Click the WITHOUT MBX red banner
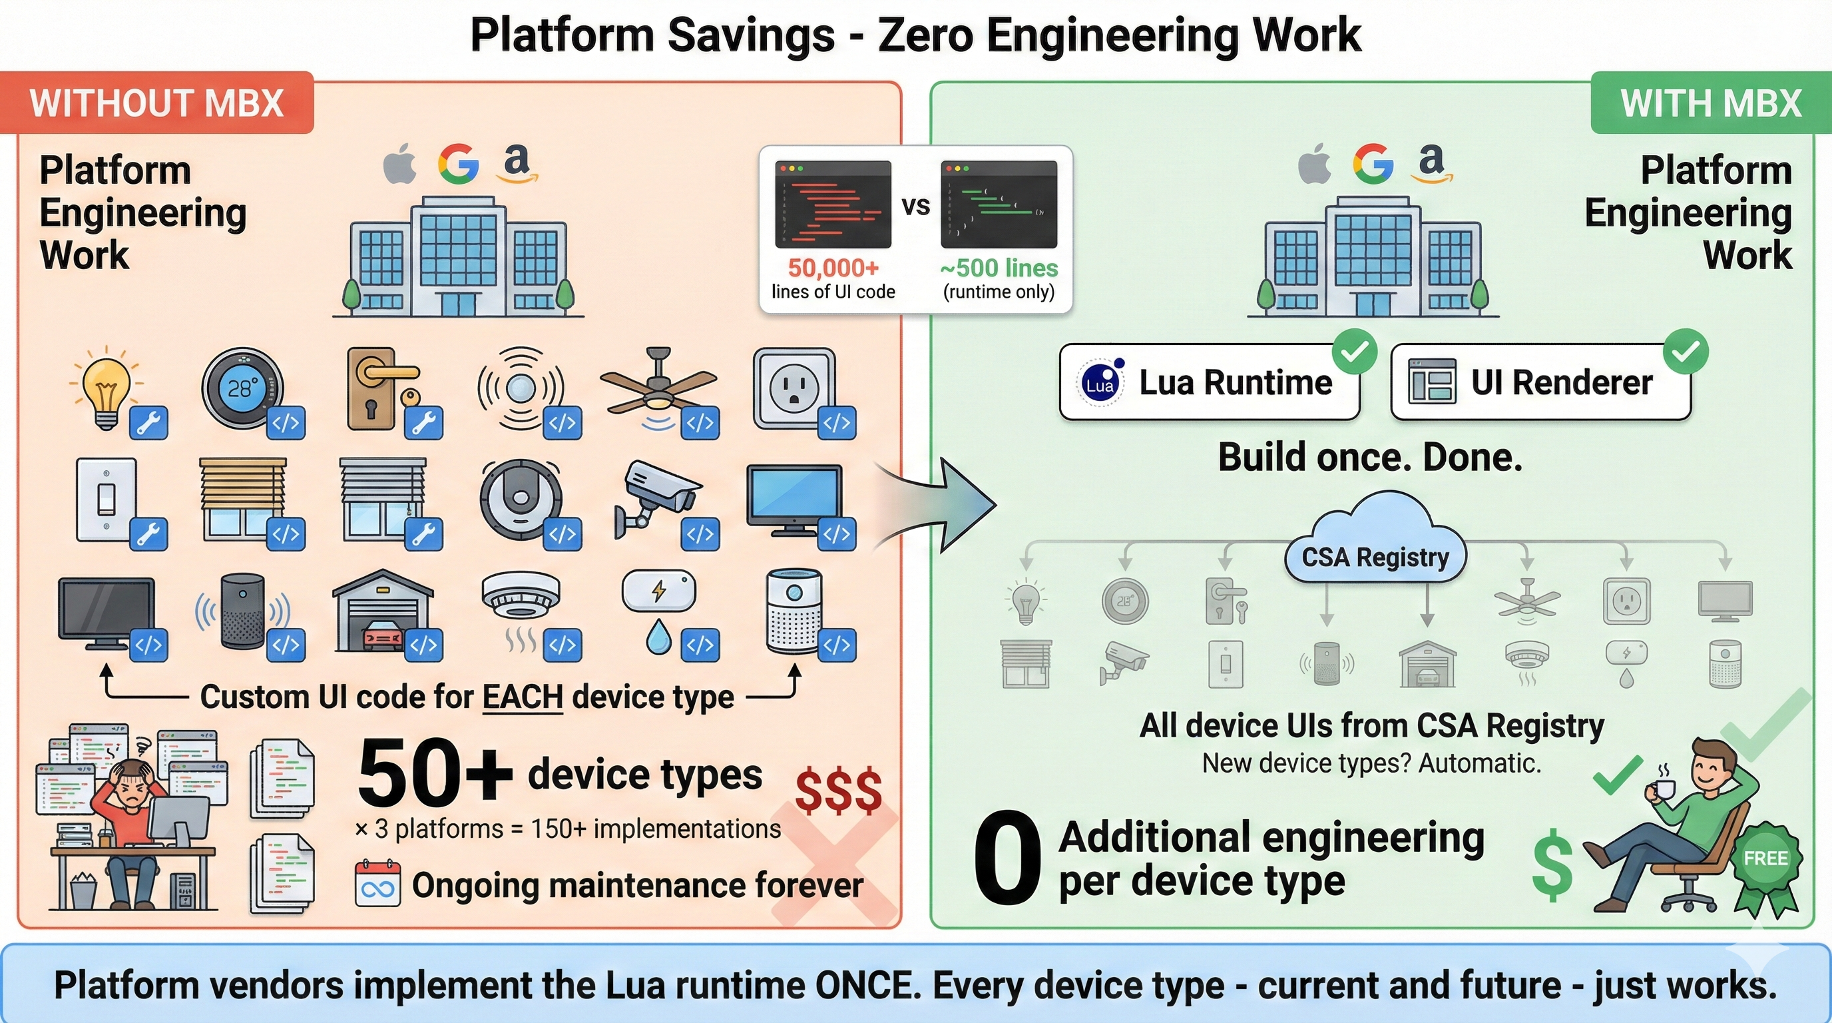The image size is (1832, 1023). pos(156,103)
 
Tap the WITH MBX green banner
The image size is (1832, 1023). pos(1710,103)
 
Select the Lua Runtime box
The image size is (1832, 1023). pos(1209,382)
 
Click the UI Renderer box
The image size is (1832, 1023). pos(1540,382)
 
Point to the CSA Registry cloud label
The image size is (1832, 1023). pos(1375,557)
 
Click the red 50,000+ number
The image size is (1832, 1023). pos(833,268)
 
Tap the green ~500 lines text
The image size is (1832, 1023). pos(999,268)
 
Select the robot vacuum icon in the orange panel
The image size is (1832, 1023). pos(521,500)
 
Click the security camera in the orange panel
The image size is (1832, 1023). pos(658,498)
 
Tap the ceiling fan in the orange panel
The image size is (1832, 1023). pos(658,384)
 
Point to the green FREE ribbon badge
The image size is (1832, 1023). pos(1765,859)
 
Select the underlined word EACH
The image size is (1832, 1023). pos(523,697)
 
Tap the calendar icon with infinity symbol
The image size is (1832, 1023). pos(377,884)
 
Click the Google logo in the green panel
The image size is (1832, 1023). pos(1373,165)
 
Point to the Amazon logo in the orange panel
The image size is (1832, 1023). pos(517,163)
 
